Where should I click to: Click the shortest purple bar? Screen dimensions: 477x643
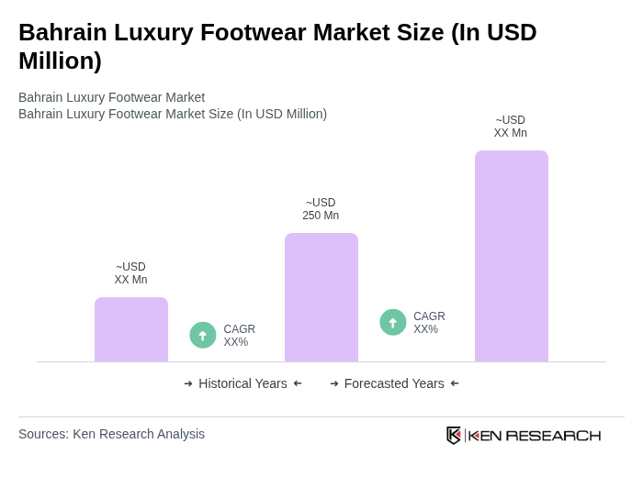click(x=131, y=329)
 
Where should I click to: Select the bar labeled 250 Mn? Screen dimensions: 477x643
click(x=321, y=297)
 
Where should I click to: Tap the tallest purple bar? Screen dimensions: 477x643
click(x=512, y=256)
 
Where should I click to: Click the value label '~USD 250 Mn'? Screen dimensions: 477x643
click(x=321, y=209)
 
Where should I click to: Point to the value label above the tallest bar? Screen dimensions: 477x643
click(x=511, y=127)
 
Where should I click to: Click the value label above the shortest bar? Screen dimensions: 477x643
click(x=130, y=273)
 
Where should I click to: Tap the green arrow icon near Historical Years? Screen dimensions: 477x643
click(x=203, y=335)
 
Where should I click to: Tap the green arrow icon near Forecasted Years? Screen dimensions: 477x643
click(x=393, y=322)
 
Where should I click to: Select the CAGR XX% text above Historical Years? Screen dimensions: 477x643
click(x=239, y=336)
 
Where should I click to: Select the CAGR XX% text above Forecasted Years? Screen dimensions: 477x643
click(x=429, y=323)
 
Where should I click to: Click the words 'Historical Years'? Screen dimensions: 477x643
click(x=243, y=383)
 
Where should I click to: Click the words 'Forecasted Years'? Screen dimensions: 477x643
click(x=394, y=383)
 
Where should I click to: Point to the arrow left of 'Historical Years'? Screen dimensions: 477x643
click(x=188, y=383)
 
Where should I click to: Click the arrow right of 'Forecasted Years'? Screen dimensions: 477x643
click(x=455, y=383)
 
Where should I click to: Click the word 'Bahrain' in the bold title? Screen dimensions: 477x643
click(x=62, y=32)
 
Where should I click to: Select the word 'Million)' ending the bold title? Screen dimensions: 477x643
click(x=60, y=61)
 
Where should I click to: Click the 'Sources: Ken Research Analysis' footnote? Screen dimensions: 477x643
click(x=111, y=434)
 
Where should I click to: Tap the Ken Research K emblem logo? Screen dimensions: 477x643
click(x=454, y=435)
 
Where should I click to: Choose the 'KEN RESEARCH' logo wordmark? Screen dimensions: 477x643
click(x=535, y=436)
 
